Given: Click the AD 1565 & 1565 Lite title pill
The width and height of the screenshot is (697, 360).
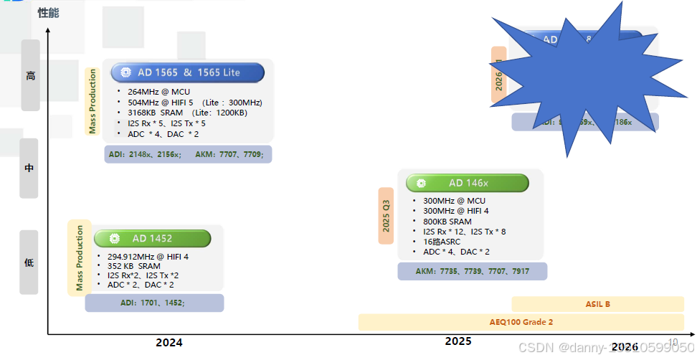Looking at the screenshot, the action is [x=188, y=72].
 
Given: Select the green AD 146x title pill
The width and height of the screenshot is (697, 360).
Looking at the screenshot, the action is [x=467, y=183].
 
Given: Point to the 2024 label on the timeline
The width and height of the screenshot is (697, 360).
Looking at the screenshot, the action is [x=169, y=343].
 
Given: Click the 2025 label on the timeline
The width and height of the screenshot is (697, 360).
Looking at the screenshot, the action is [x=458, y=341].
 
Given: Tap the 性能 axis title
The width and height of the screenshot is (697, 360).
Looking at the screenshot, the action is [x=48, y=13].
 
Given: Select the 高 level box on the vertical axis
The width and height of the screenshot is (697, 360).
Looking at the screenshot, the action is [x=30, y=75].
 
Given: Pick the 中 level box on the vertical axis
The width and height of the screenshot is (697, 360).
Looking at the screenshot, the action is [x=29, y=169].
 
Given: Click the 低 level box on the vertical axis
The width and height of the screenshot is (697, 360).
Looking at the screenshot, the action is [x=29, y=262].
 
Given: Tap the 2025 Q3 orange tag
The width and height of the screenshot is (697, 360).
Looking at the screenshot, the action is [x=387, y=215].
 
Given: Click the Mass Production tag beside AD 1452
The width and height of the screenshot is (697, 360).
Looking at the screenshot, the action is [x=80, y=257].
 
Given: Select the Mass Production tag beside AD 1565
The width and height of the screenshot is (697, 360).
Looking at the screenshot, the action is [x=92, y=101].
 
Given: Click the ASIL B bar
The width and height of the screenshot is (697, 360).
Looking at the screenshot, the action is [x=597, y=304].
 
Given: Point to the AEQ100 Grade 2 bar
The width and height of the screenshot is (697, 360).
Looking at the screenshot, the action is [x=521, y=322].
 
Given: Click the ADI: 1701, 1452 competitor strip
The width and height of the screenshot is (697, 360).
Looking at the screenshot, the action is [x=153, y=303].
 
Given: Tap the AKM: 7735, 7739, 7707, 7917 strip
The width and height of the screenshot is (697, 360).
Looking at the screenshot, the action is [x=472, y=271].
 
